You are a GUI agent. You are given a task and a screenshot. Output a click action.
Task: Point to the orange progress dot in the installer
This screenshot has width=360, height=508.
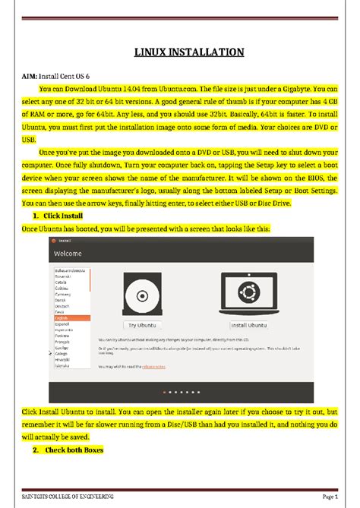[x=165, y=392]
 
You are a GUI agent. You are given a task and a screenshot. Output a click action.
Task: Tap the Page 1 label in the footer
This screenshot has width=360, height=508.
[x=328, y=495]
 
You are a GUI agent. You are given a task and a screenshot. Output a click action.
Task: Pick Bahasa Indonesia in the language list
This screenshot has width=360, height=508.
[x=68, y=270]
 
